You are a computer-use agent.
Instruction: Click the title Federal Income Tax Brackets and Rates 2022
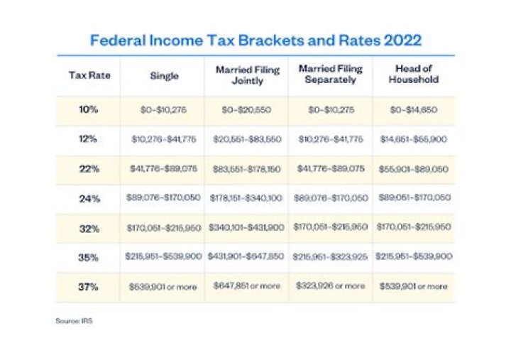click(255, 40)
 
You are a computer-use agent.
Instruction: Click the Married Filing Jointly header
click(247, 75)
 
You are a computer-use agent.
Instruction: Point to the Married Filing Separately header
click(331, 75)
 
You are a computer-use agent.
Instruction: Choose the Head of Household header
click(413, 75)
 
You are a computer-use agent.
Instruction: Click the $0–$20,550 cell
click(247, 111)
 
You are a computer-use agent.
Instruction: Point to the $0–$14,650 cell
click(413, 111)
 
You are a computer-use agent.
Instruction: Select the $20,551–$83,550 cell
click(247, 140)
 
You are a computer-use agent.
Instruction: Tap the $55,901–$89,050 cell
click(413, 170)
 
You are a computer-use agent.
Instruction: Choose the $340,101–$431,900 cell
click(247, 229)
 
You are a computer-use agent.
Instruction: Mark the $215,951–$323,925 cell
click(331, 256)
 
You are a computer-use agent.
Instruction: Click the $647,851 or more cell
click(247, 286)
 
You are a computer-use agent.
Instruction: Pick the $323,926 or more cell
click(331, 286)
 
